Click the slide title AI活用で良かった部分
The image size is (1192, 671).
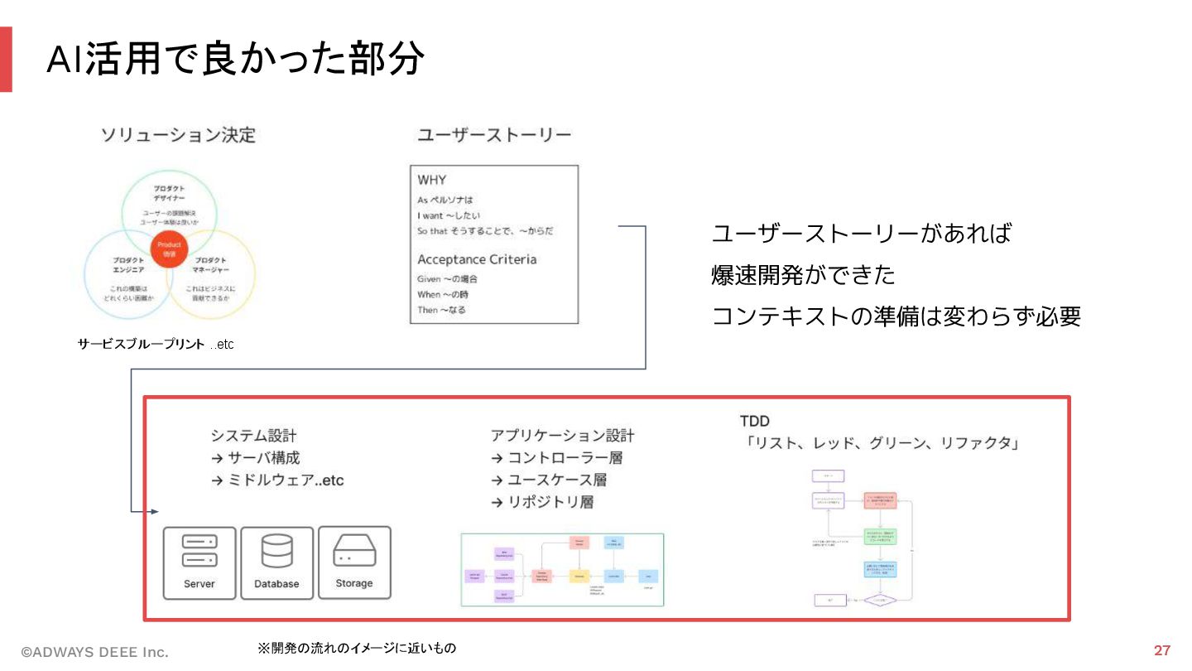(235, 59)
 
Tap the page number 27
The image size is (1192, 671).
(1161, 650)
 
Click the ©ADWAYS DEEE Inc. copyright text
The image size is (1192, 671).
(94, 652)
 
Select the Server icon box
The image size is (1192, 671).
(199, 562)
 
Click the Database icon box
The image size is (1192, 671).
(276, 562)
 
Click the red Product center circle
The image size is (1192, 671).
(170, 249)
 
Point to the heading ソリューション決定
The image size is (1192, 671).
(178, 135)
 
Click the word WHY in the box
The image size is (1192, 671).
(432, 180)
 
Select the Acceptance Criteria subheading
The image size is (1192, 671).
(477, 259)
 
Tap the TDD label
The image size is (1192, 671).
(754, 421)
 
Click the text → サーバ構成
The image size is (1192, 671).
(255, 457)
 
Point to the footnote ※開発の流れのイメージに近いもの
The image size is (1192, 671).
(357, 648)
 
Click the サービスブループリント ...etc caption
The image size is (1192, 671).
(156, 344)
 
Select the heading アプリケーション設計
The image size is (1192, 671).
(562, 436)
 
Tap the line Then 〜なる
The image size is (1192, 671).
(441, 310)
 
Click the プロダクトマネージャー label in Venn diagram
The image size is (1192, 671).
(211, 265)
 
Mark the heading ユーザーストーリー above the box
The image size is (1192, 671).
(494, 135)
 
